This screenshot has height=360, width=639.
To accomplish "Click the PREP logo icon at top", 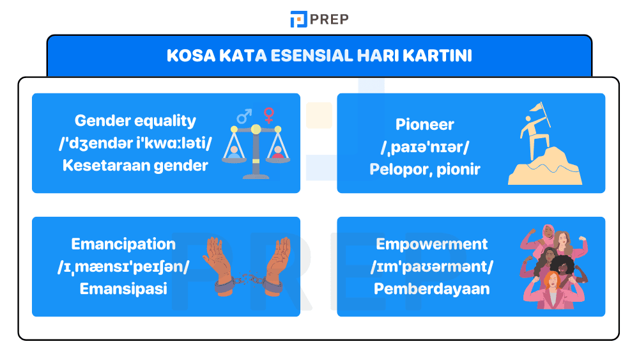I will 298,19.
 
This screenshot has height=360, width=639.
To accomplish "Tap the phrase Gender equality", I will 135,121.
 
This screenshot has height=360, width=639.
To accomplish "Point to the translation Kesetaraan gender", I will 135,166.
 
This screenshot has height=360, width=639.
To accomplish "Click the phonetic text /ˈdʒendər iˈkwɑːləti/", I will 135,143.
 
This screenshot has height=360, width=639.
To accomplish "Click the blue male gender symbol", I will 243,116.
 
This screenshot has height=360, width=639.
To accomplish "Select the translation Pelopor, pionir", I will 424,169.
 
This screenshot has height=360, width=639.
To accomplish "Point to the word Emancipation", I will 123,244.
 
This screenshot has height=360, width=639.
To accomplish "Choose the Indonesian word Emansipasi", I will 123,289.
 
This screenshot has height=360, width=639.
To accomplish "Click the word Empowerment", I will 431,244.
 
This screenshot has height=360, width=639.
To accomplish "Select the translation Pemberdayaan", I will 431,289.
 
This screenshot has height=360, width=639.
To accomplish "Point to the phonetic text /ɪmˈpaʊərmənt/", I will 431,267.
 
